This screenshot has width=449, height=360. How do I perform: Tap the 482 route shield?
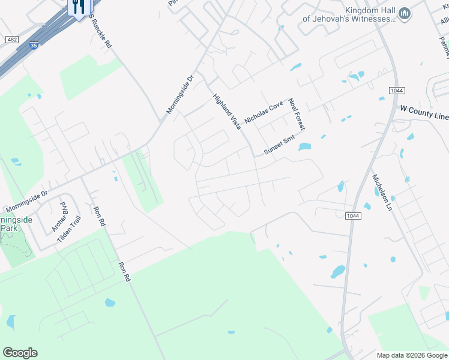click(x=11, y=39)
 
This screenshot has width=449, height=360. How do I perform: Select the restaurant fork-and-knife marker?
click(x=79, y=7)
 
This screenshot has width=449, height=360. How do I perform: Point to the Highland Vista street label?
click(x=227, y=111)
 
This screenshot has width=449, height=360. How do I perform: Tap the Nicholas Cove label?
click(x=264, y=112)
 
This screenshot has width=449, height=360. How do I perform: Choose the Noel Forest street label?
click(x=297, y=114)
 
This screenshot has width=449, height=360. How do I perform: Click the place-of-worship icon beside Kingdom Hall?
click(x=405, y=13)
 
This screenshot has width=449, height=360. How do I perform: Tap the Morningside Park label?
click(x=16, y=224)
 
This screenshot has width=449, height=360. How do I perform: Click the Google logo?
click(x=20, y=353)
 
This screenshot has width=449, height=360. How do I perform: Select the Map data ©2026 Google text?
click(x=411, y=355)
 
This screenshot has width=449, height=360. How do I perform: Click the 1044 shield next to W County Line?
click(x=396, y=90)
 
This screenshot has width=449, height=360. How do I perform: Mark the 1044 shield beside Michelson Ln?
click(x=353, y=215)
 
